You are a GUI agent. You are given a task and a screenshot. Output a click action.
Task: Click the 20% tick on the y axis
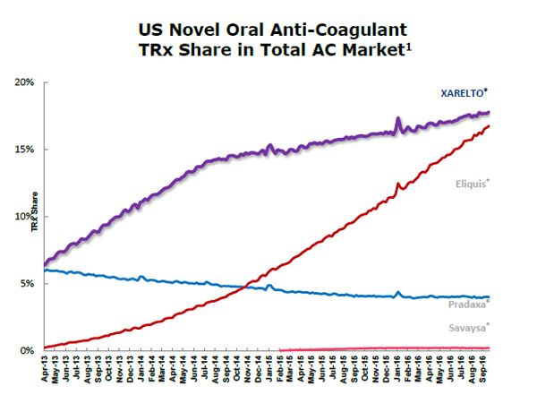(x=23, y=82)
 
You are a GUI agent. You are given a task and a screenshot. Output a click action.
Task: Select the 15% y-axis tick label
(x=23, y=150)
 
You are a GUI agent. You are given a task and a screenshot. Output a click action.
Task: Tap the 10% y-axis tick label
(x=23, y=217)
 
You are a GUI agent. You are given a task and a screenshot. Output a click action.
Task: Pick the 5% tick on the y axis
(x=26, y=284)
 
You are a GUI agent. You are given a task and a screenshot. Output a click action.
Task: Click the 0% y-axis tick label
(x=26, y=351)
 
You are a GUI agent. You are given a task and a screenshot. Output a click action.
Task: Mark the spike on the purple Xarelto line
(x=397, y=118)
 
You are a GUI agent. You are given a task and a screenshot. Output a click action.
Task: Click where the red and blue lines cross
(x=234, y=287)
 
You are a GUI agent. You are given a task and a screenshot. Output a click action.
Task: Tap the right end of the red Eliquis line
(x=490, y=126)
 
